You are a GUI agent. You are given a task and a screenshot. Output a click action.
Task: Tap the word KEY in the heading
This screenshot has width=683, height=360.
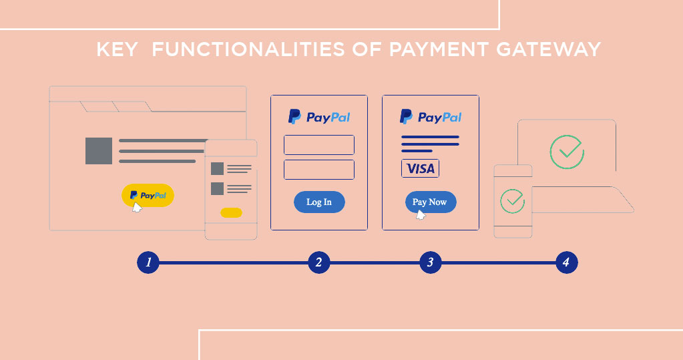click(x=117, y=50)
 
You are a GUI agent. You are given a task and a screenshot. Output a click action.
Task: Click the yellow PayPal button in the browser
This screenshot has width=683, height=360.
click(x=148, y=195)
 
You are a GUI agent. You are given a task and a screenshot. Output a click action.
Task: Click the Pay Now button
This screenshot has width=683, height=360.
click(x=430, y=202)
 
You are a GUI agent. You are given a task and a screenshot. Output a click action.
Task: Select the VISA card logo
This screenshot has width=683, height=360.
click(x=420, y=168)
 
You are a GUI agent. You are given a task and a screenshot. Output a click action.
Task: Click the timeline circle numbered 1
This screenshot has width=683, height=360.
click(x=148, y=262)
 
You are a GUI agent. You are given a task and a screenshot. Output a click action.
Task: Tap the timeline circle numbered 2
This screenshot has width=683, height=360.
click(x=319, y=262)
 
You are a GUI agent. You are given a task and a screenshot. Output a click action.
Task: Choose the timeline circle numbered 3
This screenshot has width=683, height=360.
click(x=431, y=262)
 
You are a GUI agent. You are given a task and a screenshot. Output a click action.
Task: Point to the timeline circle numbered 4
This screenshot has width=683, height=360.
click(x=566, y=262)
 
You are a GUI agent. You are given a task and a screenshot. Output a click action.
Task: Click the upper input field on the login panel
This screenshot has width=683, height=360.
click(x=319, y=145)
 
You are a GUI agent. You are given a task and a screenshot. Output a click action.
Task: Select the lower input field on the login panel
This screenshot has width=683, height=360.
click(x=319, y=170)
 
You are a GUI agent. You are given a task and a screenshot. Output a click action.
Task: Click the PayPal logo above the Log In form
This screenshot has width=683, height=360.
click(x=319, y=118)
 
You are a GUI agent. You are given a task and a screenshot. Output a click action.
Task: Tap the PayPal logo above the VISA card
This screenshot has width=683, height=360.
click(x=431, y=118)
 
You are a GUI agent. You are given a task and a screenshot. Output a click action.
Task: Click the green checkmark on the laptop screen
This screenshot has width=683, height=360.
click(x=567, y=152)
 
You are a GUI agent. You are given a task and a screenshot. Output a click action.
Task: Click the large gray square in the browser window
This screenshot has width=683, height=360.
click(x=99, y=151)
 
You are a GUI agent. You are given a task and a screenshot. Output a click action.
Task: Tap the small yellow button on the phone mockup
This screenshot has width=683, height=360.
click(x=231, y=213)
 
